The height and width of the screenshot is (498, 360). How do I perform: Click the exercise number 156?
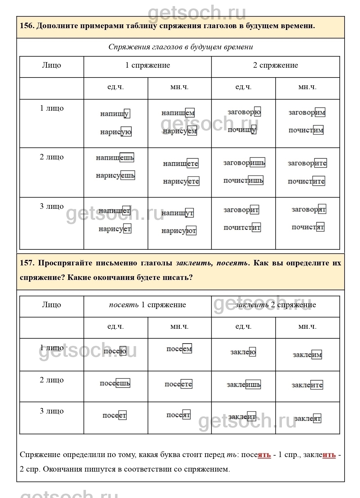27,26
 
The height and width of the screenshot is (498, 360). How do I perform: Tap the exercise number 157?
27,263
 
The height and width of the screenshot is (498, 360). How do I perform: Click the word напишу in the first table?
115,114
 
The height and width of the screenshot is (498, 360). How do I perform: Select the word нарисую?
116,132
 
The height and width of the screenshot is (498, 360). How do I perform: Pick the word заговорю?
244,112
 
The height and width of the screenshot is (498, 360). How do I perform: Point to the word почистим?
306,130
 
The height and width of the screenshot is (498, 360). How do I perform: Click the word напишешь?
115,158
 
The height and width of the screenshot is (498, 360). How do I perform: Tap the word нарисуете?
181,181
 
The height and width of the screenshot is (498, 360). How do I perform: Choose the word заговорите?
307,163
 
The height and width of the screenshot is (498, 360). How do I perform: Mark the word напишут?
177,213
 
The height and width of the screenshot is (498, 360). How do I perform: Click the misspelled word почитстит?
242,228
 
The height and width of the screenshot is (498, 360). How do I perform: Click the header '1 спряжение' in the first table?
147,65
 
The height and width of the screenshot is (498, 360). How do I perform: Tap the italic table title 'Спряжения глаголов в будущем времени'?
181,47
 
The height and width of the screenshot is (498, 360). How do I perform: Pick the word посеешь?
115,383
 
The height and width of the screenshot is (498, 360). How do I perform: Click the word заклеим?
307,355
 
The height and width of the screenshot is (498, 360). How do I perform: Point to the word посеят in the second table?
178,415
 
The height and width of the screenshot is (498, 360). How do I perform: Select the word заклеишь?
244,385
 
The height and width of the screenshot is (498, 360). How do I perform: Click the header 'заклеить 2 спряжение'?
275,305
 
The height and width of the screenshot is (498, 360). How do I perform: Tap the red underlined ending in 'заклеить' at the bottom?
329,455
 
